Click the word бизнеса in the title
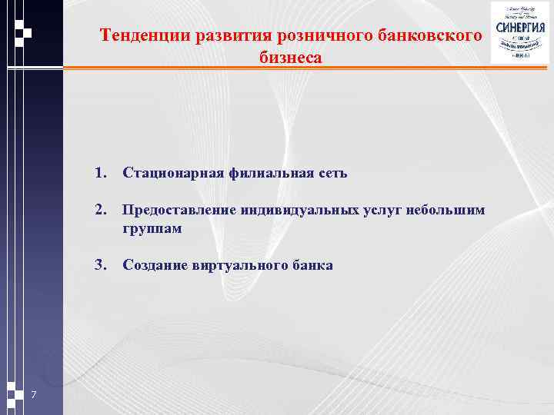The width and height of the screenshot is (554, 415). click(x=291, y=58)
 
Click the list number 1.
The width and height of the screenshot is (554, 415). click(x=99, y=173)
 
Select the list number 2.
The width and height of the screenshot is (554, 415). click(x=99, y=211)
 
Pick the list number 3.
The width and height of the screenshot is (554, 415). click(x=99, y=265)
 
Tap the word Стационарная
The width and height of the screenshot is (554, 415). click(x=173, y=173)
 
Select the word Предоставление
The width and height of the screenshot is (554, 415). click(x=179, y=211)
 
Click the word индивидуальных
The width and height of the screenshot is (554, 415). click(x=299, y=211)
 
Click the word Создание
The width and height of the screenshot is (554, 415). click(x=154, y=265)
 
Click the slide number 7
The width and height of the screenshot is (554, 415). click(x=35, y=395)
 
